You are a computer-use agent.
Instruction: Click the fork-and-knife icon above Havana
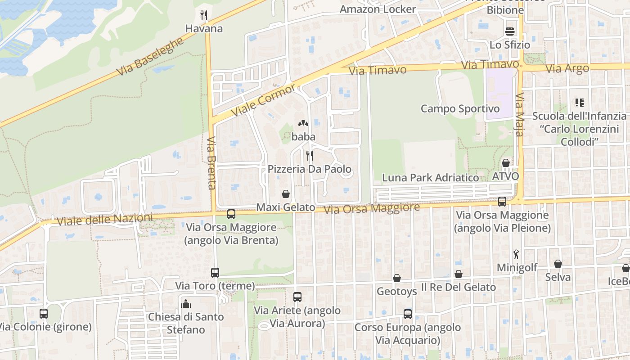point(204,15)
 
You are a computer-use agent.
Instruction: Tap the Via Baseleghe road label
point(150,57)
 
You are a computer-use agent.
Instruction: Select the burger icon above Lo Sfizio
point(510,31)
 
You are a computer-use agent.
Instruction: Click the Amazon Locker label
point(378,9)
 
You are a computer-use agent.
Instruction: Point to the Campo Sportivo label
point(460,108)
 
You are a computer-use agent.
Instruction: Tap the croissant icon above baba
point(303,123)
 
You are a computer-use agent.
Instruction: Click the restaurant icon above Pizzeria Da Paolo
point(310,156)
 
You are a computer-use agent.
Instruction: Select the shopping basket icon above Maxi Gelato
point(285,194)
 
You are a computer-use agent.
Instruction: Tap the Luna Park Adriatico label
point(430,177)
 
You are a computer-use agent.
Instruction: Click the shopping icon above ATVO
point(506,162)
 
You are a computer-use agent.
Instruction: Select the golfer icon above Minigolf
point(517,254)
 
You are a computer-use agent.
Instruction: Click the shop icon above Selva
point(558,264)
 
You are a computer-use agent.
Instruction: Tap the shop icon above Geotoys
point(397,278)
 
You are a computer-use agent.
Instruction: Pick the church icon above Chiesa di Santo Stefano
point(186,303)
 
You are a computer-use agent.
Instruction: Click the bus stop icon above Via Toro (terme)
point(215,272)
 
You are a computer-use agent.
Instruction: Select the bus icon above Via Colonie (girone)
point(44,314)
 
